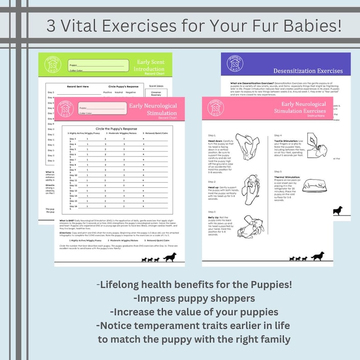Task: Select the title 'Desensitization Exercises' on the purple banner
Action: coord(308,71)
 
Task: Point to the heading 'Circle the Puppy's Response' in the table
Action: coord(117,128)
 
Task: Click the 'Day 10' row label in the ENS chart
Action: coord(73,175)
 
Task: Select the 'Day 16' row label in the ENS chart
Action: coord(73,206)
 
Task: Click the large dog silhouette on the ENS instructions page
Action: coord(318,256)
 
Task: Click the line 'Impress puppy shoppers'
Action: coord(194,298)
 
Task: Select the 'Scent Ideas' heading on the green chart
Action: coord(157,85)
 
